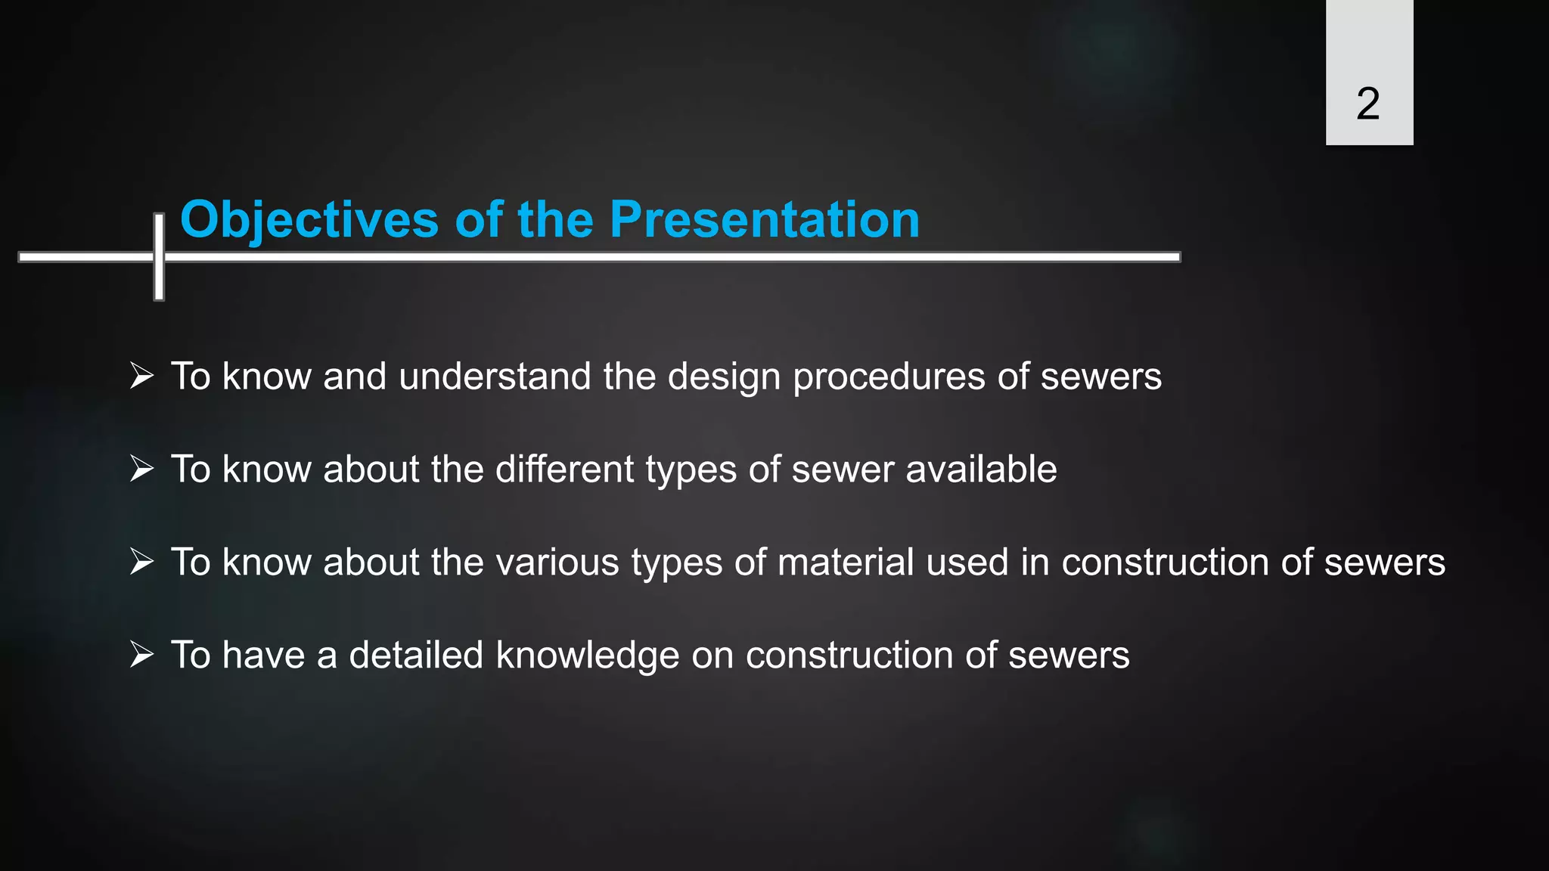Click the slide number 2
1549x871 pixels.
point(1367,104)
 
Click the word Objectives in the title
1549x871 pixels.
point(309,220)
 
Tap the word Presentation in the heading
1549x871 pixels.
point(764,220)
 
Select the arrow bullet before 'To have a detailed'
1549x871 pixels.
point(141,654)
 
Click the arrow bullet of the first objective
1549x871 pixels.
point(141,375)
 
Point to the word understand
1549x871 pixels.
point(495,377)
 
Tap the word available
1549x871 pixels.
point(981,470)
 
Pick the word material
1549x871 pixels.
point(846,563)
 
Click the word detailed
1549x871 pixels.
point(415,656)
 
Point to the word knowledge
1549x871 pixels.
point(587,656)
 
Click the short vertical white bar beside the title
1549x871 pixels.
point(159,257)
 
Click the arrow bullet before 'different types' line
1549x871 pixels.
point(141,468)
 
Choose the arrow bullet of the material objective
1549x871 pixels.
point(141,561)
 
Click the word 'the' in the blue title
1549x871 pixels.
point(555,220)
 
